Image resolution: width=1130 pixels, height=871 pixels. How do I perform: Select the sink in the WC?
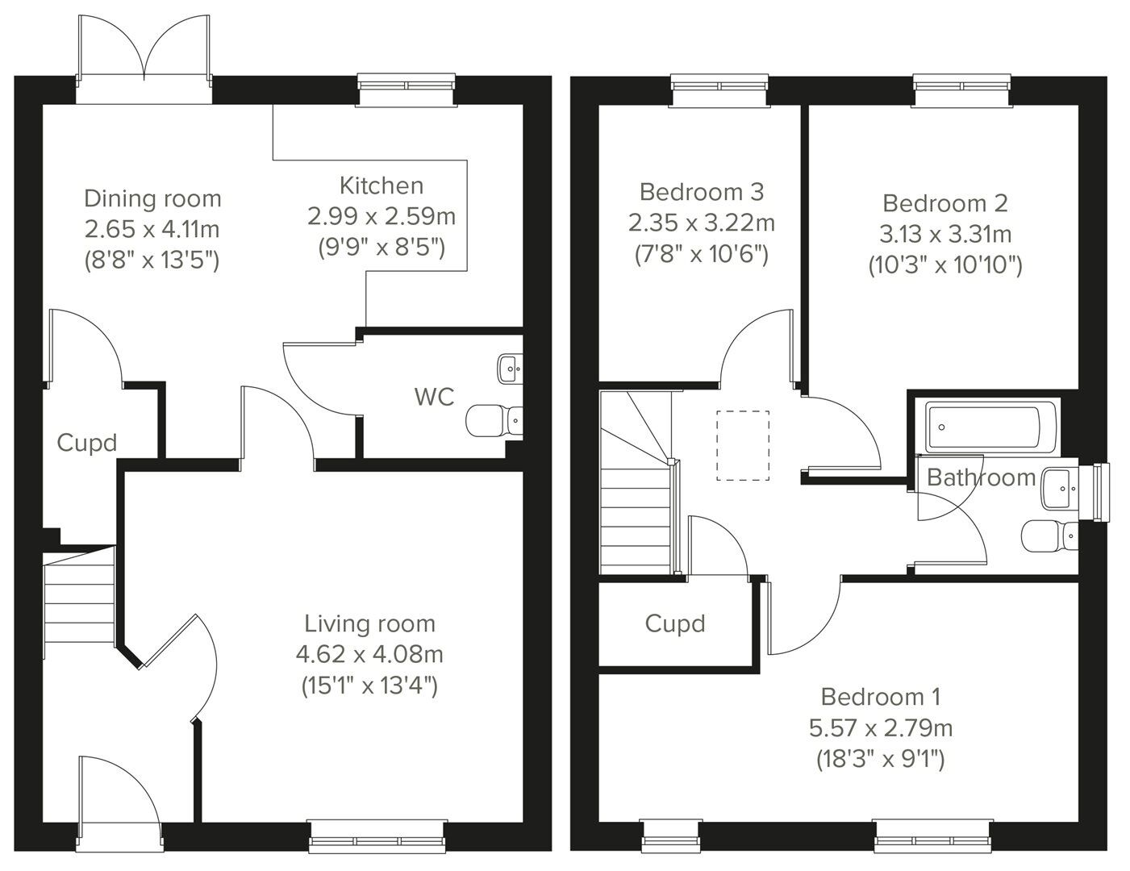pyautogui.click(x=509, y=369)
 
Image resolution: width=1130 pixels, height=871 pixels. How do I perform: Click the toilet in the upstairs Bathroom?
pyautogui.click(x=1049, y=536)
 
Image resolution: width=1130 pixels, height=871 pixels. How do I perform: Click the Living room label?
pyautogui.click(x=369, y=623)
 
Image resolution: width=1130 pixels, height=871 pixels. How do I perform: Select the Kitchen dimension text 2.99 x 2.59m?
pyautogui.click(x=381, y=216)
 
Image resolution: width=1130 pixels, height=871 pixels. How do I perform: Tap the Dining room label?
pyautogui.click(x=152, y=198)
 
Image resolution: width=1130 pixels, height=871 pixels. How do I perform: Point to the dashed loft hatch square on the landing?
pyautogui.click(x=743, y=445)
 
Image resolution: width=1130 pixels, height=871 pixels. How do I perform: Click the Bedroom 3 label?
pyautogui.click(x=701, y=192)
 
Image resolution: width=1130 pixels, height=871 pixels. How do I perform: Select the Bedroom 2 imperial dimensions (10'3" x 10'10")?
pyautogui.click(x=945, y=265)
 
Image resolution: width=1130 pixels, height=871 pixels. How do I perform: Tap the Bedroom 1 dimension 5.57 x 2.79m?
pyautogui.click(x=881, y=728)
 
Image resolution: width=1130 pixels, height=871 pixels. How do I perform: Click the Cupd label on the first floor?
pyautogui.click(x=675, y=623)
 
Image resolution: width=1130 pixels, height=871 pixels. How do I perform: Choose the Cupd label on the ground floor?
pyautogui.click(x=86, y=443)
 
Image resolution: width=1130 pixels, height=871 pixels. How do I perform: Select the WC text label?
pyautogui.click(x=434, y=397)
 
